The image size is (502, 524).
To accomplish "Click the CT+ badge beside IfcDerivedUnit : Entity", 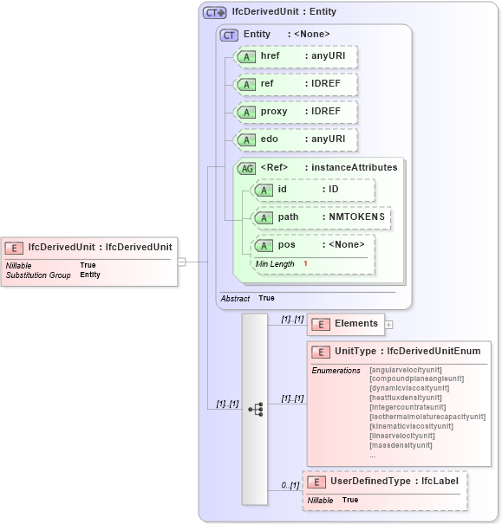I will pyautogui.click(x=213, y=12).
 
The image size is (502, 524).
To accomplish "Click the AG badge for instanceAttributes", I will pyautogui.click(x=247, y=168).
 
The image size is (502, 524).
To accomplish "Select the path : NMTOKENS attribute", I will pyautogui.click(x=321, y=217).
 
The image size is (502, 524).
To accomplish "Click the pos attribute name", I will pyautogui.click(x=287, y=244).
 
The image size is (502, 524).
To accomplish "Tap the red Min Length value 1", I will pyautogui.click(x=305, y=263).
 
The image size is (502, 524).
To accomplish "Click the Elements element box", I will pyautogui.click(x=346, y=324).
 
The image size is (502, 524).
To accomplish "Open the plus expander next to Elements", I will pyautogui.click(x=388, y=325).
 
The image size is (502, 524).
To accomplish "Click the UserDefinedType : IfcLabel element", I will pyautogui.click(x=385, y=481).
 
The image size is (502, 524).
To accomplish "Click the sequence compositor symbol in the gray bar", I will pyautogui.click(x=255, y=409).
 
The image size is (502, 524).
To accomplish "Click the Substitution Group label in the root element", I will pyautogui.click(x=38, y=275).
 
